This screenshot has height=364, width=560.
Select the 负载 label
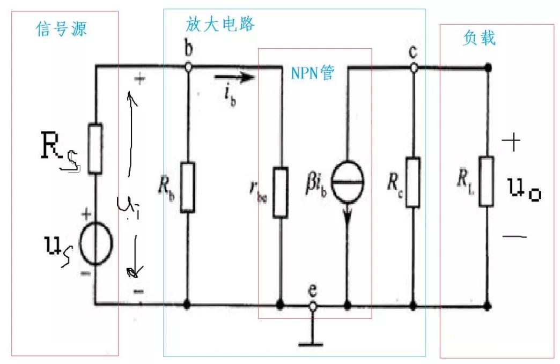[478, 38]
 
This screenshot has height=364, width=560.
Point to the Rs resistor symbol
[95, 148]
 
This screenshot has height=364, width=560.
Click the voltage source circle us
[96, 244]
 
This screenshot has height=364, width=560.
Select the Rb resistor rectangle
[187, 187]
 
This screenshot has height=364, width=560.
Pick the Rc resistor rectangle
[413, 182]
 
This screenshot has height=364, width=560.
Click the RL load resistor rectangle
[487, 181]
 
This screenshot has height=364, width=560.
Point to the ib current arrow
[233, 78]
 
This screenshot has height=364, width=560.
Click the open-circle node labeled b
[188, 68]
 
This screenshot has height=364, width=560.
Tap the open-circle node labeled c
[414, 68]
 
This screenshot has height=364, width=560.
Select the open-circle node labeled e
[313, 306]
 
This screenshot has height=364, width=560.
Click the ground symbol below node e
[313, 339]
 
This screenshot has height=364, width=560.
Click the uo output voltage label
[524, 190]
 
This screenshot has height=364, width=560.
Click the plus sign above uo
[512, 142]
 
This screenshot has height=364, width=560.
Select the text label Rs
[58, 153]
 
